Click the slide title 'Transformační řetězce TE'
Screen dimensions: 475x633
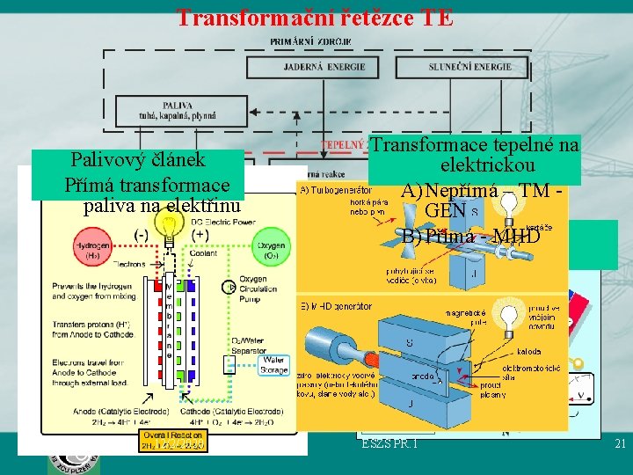pos(315,17)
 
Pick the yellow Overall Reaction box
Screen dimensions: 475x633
pos(173,440)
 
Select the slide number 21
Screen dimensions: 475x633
pos(620,445)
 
